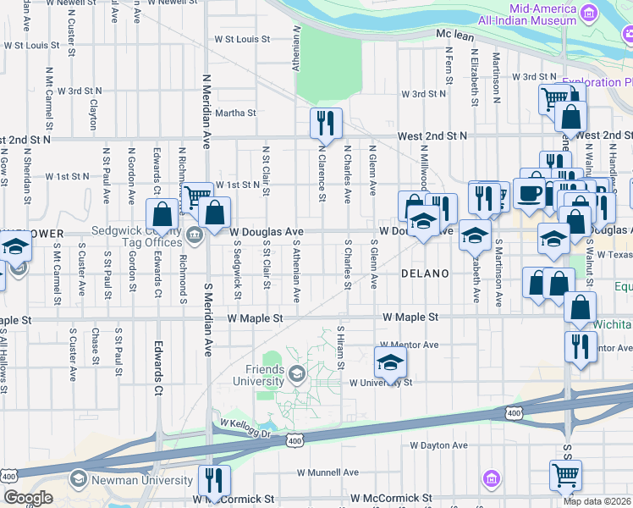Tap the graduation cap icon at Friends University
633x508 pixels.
point(297,373)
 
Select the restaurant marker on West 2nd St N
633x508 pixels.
point(325,124)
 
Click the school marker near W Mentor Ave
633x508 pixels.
point(390,362)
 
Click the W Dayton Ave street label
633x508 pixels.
point(438,444)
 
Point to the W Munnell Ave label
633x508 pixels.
point(328,472)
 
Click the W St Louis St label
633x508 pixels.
point(242,39)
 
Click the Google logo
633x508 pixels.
point(27,498)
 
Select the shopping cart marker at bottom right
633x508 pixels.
point(565,476)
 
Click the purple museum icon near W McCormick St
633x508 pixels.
point(491,480)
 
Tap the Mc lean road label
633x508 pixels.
point(454,34)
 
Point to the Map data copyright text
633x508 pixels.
point(597,501)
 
